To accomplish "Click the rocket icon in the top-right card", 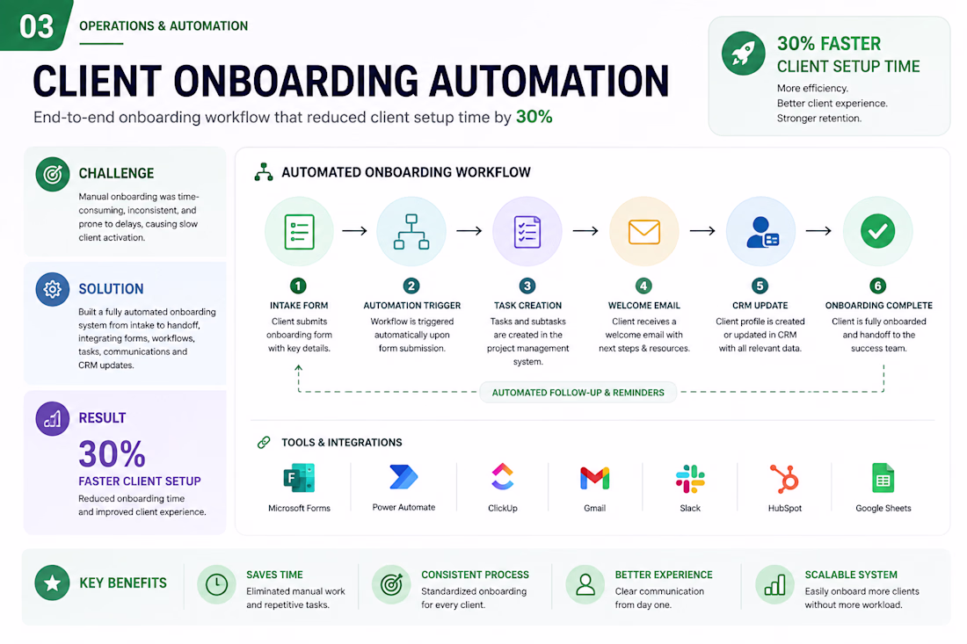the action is click(743, 54).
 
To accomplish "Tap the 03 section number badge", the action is click(36, 25).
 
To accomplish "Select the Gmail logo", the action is click(594, 478).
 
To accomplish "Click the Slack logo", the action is click(690, 479).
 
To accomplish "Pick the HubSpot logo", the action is click(784, 478).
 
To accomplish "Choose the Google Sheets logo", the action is click(883, 478).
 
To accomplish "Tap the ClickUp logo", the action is click(503, 476).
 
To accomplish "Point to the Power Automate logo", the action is click(404, 477).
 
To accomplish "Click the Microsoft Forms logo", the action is click(299, 478).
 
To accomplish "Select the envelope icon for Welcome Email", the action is click(643, 232).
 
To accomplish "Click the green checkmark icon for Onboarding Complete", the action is click(877, 231).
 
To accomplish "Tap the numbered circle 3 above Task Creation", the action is click(527, 286).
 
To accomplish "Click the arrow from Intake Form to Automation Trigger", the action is click(354, 230).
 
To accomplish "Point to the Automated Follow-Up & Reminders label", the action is click(578, 393).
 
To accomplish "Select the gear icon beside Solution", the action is click(53, 289).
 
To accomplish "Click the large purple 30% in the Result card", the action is click(113, 454).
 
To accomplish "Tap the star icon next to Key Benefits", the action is click(53, 582).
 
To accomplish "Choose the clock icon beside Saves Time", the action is click(216, 584).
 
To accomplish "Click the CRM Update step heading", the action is click(760, 306).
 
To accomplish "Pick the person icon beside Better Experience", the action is click(585, 584).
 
